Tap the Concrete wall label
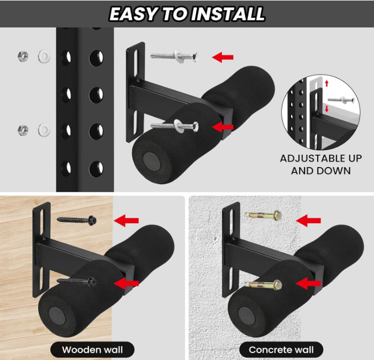tap(277, 349)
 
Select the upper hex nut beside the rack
tap(23, 56)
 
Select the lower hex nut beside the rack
tap(23, 130)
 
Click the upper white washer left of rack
tap(44, 56)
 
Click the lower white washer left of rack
tap(44, 130)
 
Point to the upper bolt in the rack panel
tap(173, 55)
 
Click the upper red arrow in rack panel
tap(222, 57)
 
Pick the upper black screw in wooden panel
tap(76, 220)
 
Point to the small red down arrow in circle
tap(326, 109)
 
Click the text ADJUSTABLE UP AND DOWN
tap(320, 164)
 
